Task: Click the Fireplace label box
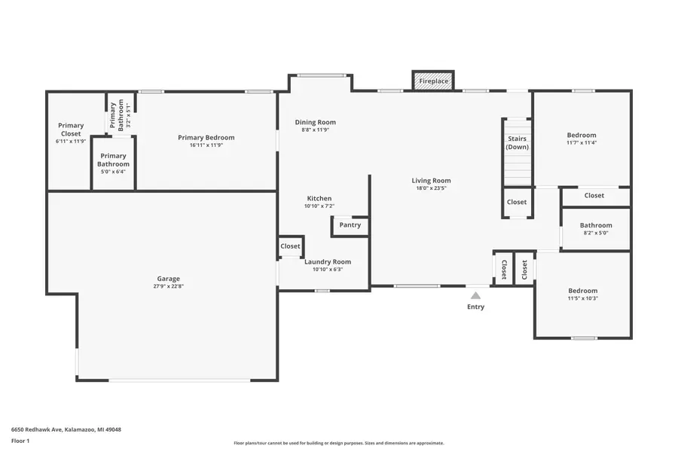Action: [x=433, y=81]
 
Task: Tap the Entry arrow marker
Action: [x=475, y=296]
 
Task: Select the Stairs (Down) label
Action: [x=517, y=143]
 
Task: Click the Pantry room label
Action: [x=350, y=225]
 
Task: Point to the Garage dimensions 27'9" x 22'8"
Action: [x=168, y=286]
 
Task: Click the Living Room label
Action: [x=431, y=181]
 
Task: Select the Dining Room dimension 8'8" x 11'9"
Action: [x=315, y=130]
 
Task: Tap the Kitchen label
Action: [x=318, y=199]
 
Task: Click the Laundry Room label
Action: [x=328, y=262]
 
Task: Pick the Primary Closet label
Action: [x=71, y=130]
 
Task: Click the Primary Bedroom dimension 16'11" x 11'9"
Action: [x=206, y=145]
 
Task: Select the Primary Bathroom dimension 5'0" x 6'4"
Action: [x=113, y=171]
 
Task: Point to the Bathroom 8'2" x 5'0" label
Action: [x=596, y=225]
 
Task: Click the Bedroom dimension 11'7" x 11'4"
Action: [x=582, y=142]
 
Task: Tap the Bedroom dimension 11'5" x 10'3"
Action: [x=582, y=298]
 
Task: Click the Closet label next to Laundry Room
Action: [x=290, y=246]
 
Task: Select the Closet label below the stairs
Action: [x=517, y=202]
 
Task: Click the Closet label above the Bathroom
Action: [x=594, y=196]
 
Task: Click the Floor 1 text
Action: [x=20, y=440]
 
